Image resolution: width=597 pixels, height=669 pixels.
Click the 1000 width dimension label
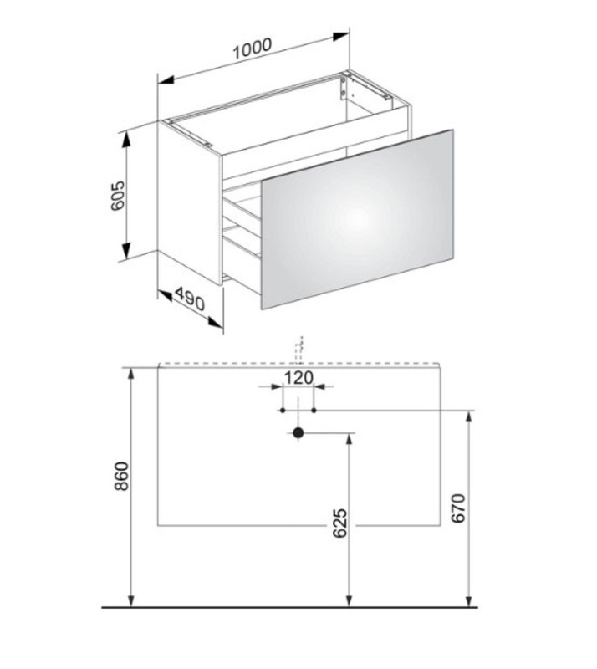(253, 49)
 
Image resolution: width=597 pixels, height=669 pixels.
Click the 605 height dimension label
(117, 196)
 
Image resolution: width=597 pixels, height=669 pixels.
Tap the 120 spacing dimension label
(298, 378)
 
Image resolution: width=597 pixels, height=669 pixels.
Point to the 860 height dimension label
(121, 476)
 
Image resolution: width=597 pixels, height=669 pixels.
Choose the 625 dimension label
(340, 523)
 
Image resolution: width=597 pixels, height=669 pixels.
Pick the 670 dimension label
(458, 508)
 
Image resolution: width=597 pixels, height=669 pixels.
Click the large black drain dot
(298, 433)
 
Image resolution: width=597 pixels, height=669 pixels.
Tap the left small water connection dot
(283, 411)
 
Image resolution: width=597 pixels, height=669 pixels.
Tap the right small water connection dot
(314, 411)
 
